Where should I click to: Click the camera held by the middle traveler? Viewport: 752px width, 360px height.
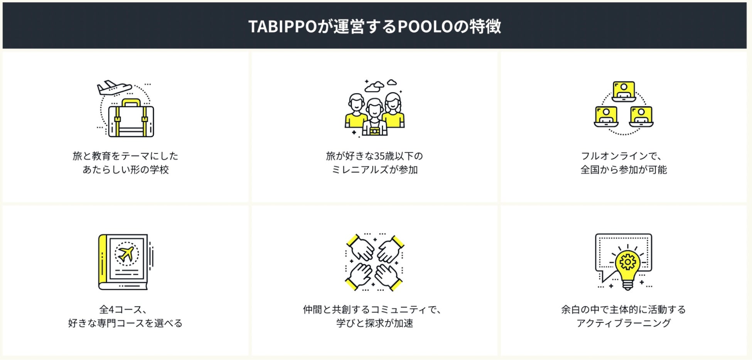pos(374,131)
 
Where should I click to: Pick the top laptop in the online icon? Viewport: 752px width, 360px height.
pos(624,91)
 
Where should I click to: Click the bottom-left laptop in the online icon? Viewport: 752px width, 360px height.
pos(606,116)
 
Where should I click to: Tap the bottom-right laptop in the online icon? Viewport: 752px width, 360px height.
pos(641,116)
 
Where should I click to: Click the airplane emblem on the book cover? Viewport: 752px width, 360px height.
pos(126,254)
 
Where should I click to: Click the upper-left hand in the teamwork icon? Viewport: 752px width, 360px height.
pos(361,248)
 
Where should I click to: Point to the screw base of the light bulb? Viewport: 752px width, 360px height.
pos(627,285)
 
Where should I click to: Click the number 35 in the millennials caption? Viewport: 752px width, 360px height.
pos(379,156)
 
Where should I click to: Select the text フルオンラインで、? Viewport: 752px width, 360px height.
pos(623,156)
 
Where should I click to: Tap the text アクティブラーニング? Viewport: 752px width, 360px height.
pos(623,323)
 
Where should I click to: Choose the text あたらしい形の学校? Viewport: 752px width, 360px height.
pos(126,170)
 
